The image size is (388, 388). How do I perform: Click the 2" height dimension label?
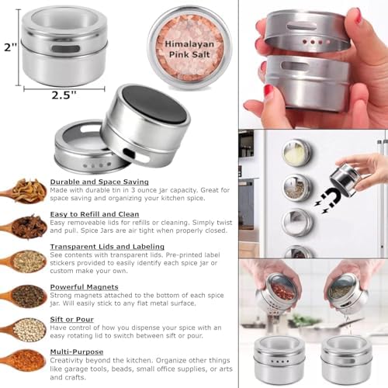tap(10, 47)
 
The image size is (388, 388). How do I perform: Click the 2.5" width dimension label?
tap(64, 95)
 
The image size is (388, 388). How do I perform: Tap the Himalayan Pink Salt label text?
tap(189, 49)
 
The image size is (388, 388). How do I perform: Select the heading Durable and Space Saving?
tap(99, 182)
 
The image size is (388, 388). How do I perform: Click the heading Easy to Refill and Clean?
tap(95, 214)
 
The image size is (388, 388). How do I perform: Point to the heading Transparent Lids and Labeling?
tap(107, 247)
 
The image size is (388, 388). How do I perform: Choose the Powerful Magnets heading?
tap(84, 287)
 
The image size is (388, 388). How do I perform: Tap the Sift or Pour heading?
tap(71, 320)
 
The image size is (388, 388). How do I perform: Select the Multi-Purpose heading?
tap(77, 352)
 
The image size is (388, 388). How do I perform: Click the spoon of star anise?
tap(25, 227)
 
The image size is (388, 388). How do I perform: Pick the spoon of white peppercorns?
tap(24, 329)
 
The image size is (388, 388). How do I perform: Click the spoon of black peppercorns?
tap(24, 296)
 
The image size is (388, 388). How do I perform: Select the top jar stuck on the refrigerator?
tap(297, 151)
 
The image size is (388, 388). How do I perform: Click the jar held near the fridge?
tap(344, 180)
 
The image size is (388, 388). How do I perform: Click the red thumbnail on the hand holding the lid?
tap(357, 16)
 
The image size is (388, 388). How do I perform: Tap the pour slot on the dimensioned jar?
tap(65, 49)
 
